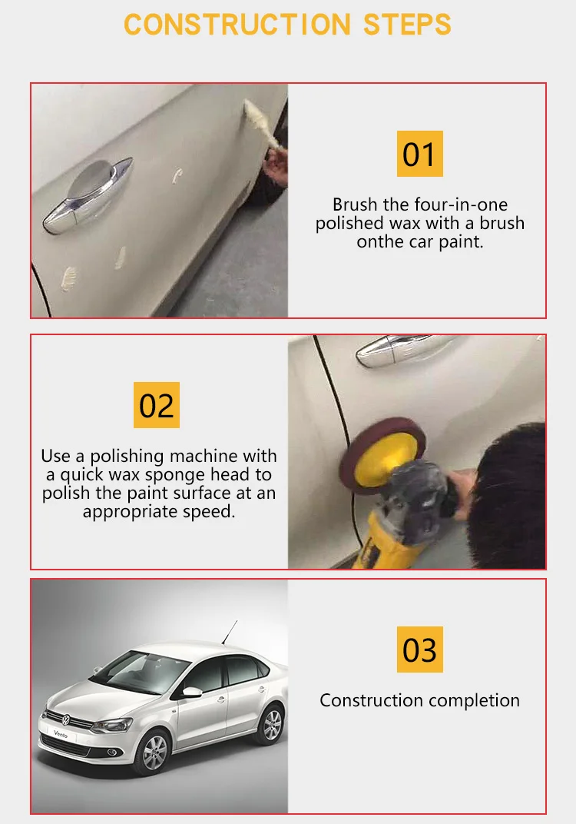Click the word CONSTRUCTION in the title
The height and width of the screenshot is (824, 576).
click(x=237, y=25)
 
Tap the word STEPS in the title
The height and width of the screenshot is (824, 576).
click(x=408, y=25)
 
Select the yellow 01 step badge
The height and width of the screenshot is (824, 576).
click(x=419, y=154)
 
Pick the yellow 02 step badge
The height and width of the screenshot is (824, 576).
click(x=157, y=404)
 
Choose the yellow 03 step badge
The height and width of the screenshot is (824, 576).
click(x=419, y=649)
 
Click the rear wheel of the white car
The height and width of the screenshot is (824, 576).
click(x=271, y=724)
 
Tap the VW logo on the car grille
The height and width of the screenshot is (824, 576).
click(x=66, y=720)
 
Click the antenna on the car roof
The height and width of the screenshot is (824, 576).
click(x=230, y=632)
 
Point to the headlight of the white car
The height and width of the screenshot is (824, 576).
click(x=111, y=726)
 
